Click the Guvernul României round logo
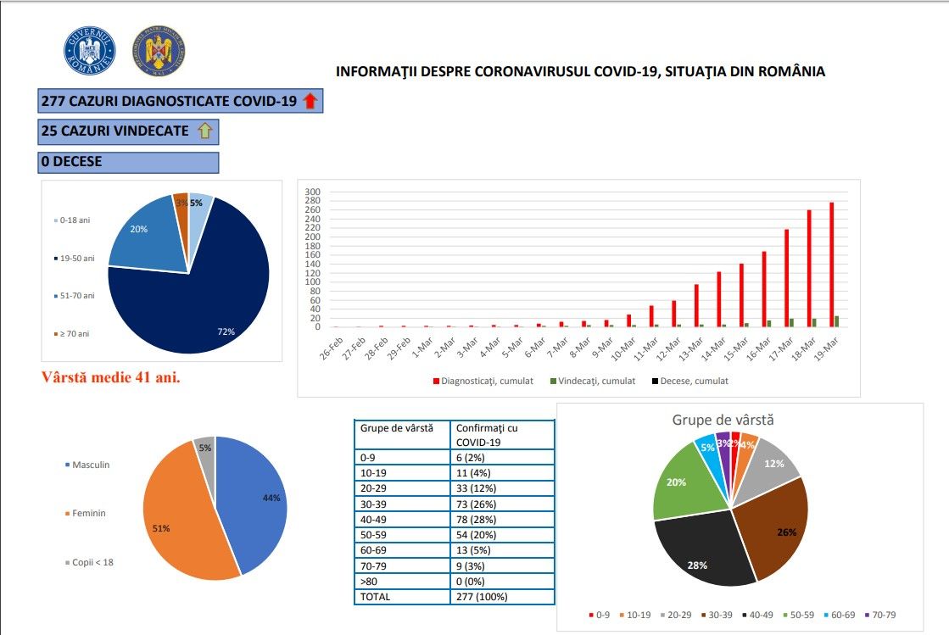point(89,50)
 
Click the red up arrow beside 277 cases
point(310,102)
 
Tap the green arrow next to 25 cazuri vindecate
point(204,131)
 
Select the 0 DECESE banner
point(128,161)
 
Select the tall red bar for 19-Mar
point(831,265)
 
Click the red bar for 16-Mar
point(763,288)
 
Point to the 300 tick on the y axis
point(313,192)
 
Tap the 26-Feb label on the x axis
point(336,348)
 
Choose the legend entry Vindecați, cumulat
point(591,381)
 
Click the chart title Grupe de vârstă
point(723,420)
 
